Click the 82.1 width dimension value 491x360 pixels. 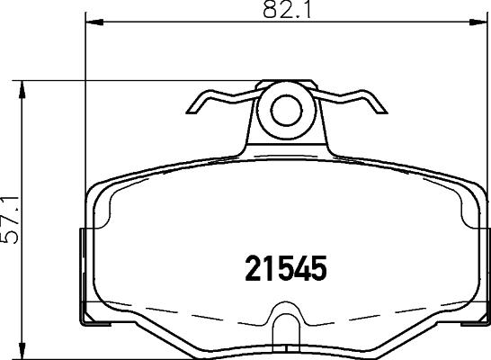pos(287,10)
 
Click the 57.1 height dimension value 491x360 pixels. pos(10,220)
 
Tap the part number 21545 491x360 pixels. pos(286,268)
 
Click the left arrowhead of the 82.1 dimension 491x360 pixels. pos(94,22)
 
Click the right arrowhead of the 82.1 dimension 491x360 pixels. pos(478,22)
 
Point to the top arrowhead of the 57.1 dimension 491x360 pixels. pos(22,90)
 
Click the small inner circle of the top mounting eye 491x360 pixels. pos(286,111)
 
